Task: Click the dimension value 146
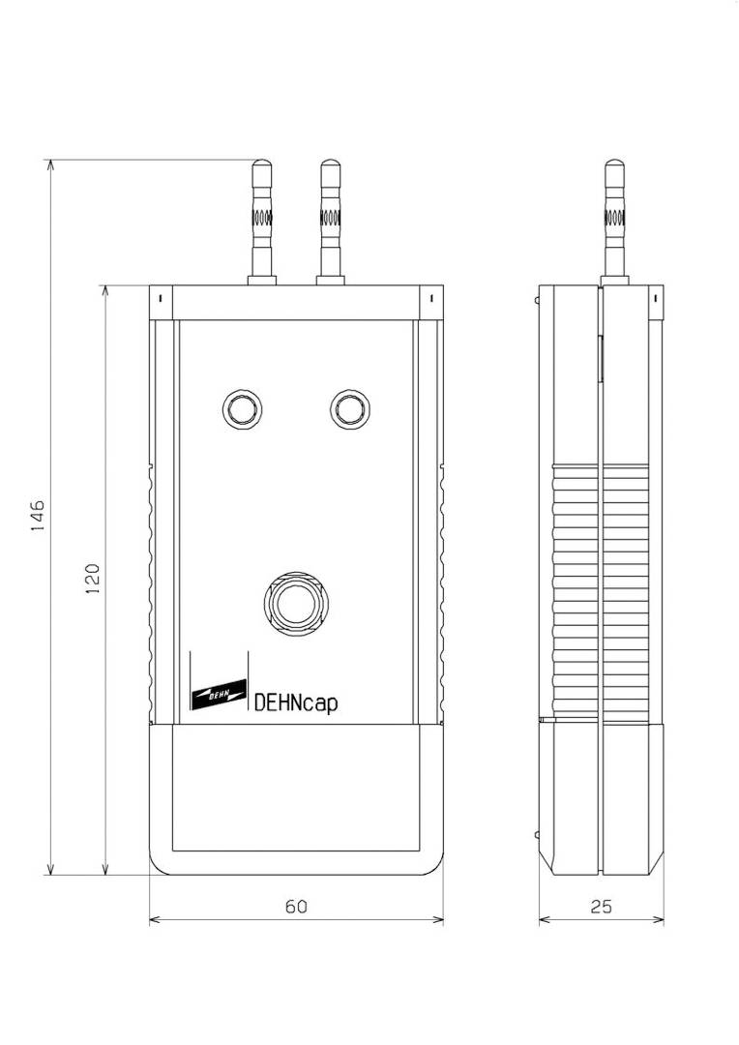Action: pos(37,519)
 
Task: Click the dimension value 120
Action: pos(93,580)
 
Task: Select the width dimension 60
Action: pos(296,907)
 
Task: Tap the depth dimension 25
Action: pos(601,907)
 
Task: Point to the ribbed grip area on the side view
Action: pos(602,590)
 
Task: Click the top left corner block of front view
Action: pos(161,301)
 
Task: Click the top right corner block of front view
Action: pos(430,301)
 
